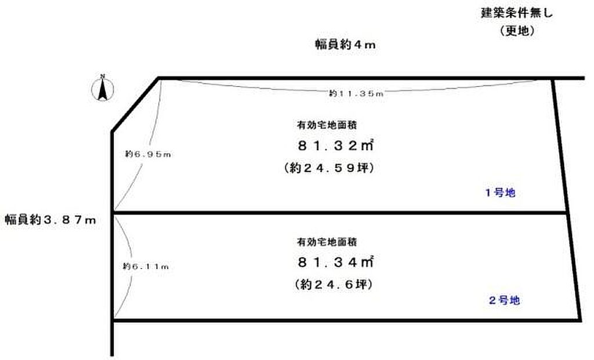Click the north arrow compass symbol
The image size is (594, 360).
[x=103, y=90]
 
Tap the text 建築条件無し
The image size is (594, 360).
[x=516, y=12]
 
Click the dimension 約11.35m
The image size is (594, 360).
[x=356, y=93]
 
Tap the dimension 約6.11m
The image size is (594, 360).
[x=145, y=266]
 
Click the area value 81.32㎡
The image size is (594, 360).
[x=335, y=146]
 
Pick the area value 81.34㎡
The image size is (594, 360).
[x=335, y=263]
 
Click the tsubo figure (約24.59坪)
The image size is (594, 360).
[x=328, y=168]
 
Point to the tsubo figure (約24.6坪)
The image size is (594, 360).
[x=328, y=285]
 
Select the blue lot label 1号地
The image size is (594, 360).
[x=500, y=194]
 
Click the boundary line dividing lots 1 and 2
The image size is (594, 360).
[x=339, y=213]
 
